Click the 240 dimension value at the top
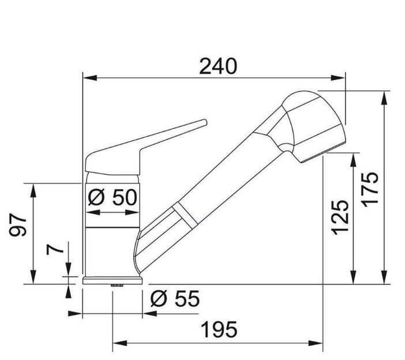tap(218, 66)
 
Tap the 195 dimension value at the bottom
tap(219, 330)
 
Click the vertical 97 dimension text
tap(18, 224)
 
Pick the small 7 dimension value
tap(55, 249)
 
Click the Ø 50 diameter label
tap(112, 197)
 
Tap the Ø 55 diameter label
tap(175, 299)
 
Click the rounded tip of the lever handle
tap(205, 122)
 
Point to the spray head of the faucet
tap(314, 126)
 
